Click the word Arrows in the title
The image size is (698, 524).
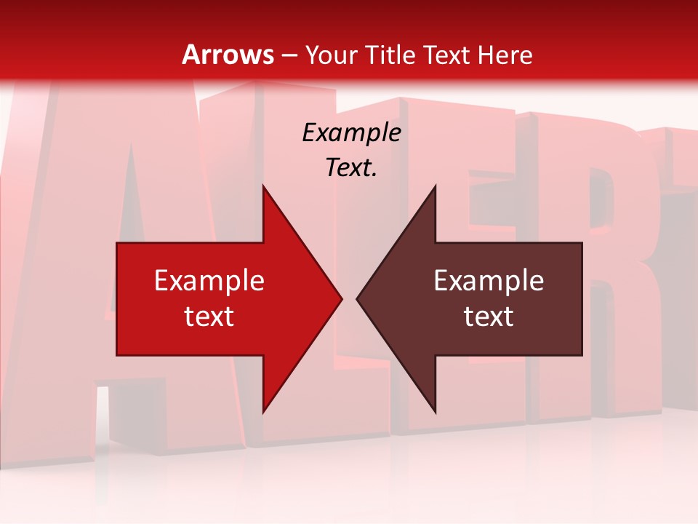[x=228, y=55]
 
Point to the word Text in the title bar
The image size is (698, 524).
[x=449, y=55]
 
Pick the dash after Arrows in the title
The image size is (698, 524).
[x=289, y=55]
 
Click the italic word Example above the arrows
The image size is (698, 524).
[x=352, y=132]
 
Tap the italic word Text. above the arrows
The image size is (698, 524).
[x=352, y=168]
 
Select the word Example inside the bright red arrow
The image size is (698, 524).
[x=209, y=280]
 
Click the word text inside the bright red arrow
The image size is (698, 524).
[x=209, y=316]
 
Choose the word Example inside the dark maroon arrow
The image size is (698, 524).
[x=489, y=280]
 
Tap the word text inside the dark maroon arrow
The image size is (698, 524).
[x=489, y=316]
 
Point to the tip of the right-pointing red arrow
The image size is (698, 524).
[x=341, y=298]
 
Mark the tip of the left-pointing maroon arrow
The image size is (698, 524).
[x=357, y=298]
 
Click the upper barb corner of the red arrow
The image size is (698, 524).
[x=263, y=186]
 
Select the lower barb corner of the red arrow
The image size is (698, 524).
[x=263, y=412]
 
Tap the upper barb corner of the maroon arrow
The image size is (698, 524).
[x=435, y=186]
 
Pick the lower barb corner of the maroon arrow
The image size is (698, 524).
[x=435, y=412]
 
